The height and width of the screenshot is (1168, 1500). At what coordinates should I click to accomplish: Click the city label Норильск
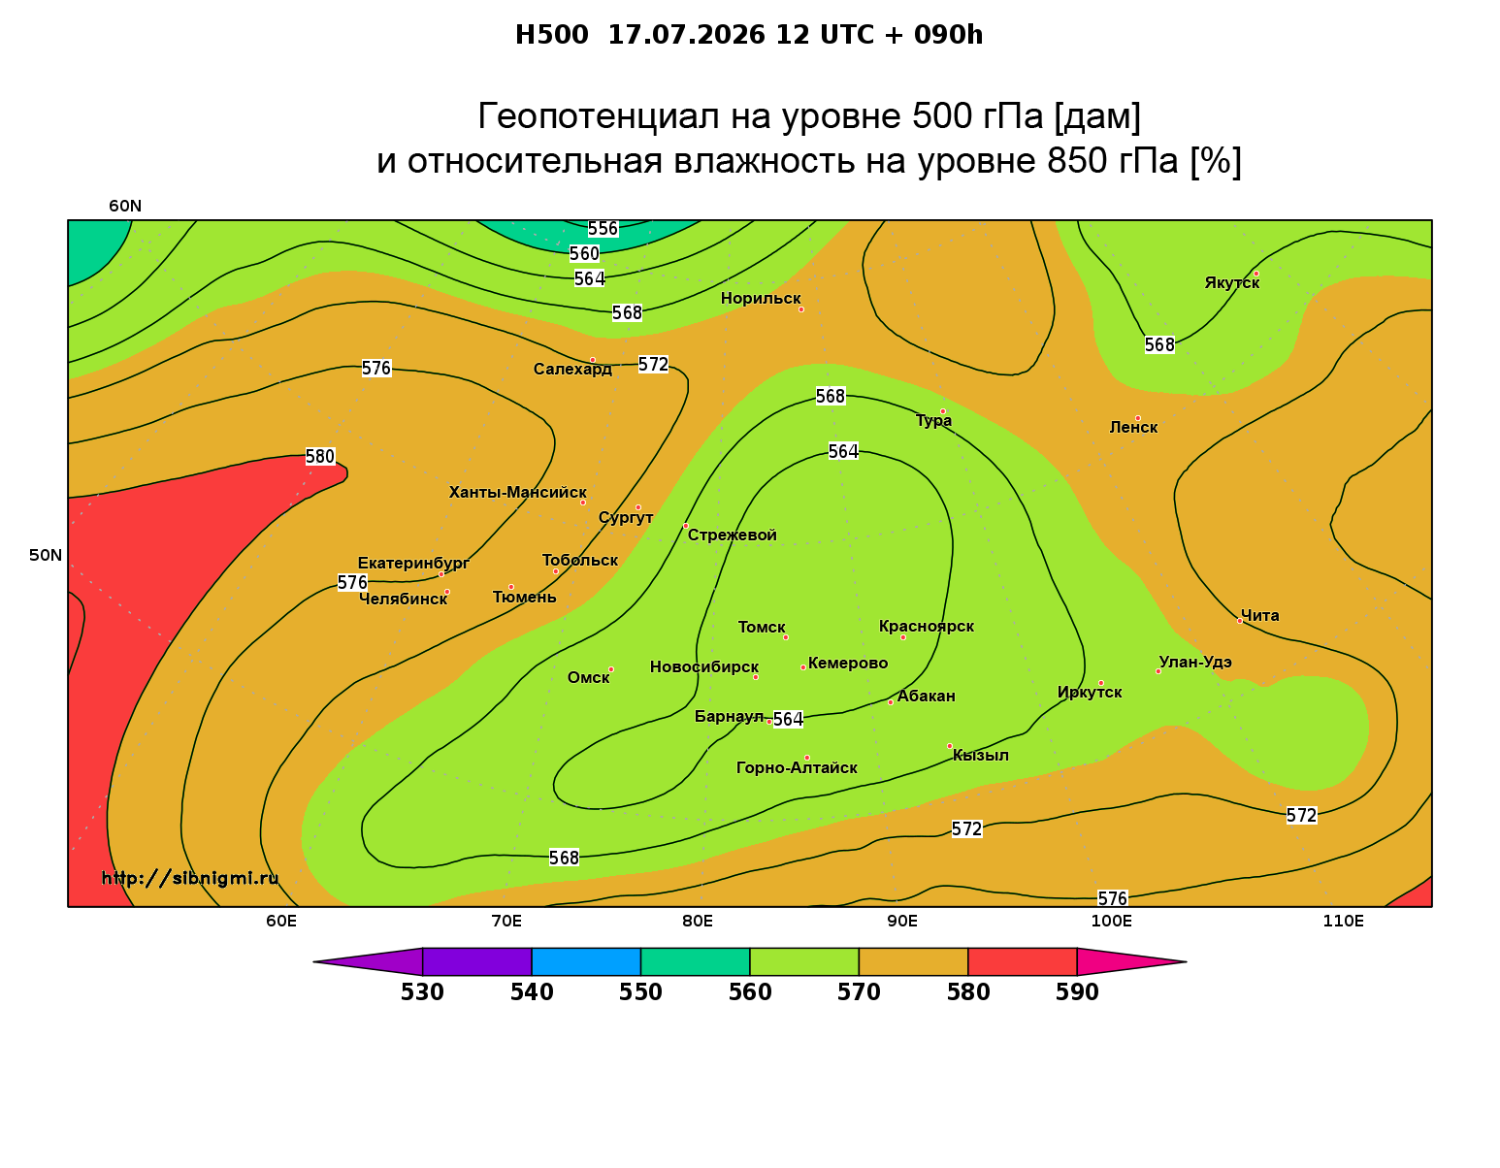point(760,299)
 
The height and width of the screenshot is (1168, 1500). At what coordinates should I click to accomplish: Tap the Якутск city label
point(1231,283)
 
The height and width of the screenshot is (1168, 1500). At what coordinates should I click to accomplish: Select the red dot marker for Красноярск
point(903,637)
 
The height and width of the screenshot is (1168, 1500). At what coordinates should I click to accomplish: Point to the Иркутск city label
point(1090,693)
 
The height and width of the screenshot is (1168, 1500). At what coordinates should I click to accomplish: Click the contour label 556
point(603,228)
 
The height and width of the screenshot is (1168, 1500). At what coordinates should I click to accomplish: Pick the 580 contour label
point(319,457)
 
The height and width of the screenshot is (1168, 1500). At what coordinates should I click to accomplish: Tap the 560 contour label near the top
point(584,254)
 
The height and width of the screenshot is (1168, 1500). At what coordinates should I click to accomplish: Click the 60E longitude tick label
point(281,921)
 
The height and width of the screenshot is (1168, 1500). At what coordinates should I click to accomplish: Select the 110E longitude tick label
point(1343,921)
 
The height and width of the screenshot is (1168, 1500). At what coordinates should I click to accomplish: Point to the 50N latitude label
point(46,555)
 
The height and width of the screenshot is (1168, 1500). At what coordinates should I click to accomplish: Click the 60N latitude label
point(125,207)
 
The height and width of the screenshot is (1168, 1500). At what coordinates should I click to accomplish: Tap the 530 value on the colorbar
point(422,992)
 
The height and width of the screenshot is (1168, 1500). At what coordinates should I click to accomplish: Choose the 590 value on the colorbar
point(1077,992)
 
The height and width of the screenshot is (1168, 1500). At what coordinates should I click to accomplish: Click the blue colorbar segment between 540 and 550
point(586,961)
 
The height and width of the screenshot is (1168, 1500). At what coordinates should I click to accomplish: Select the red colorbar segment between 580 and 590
point(1023,961)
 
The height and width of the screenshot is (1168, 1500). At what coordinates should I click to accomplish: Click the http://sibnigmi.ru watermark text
point(190,878)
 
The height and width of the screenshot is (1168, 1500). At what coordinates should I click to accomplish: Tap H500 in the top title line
point(551,35)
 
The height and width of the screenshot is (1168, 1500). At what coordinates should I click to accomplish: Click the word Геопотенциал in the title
point(598,116)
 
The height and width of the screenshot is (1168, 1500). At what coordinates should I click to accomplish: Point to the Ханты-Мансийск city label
point(517,493)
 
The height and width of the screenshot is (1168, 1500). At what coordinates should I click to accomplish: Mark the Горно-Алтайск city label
point(797,768)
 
